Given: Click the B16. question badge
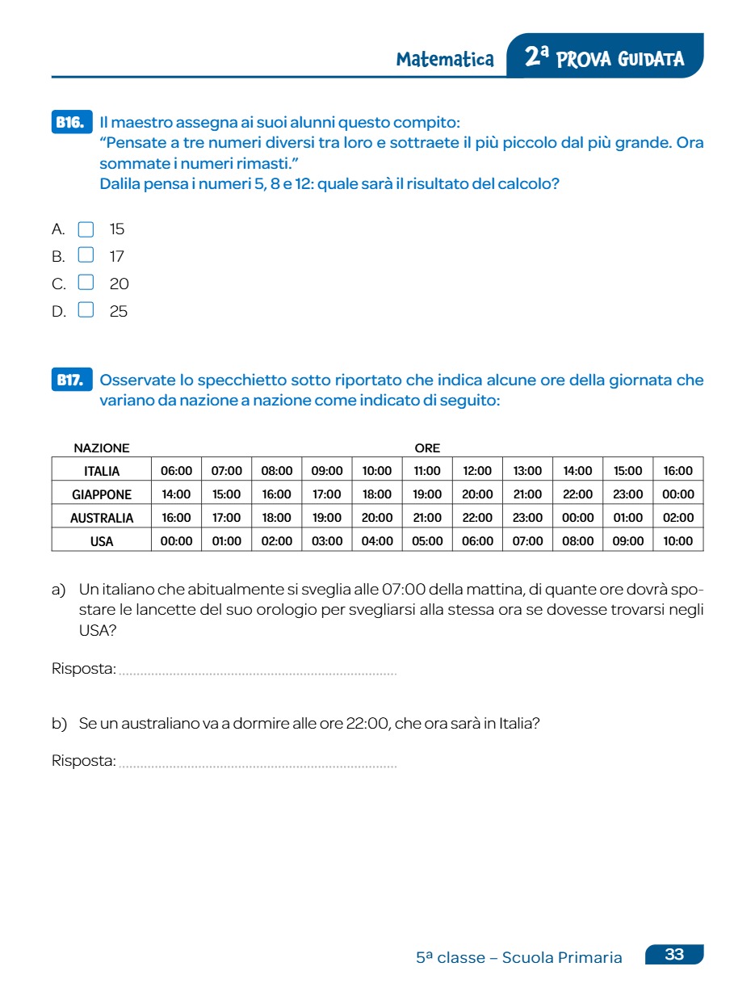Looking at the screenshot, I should [x=71, y=123].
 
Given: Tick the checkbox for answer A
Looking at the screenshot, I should [x=86, y=229].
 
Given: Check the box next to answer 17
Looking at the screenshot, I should [x=86, y=256].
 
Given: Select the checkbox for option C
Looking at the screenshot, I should [x=86, y=284].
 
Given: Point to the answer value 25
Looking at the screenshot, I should [x=119, y=312].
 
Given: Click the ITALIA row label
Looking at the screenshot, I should [x=102, y=471].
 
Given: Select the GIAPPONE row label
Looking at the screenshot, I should [x=102, y=494].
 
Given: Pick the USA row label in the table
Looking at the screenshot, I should [x=102, y=541].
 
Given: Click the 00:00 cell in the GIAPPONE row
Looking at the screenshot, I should [x=677, y=494].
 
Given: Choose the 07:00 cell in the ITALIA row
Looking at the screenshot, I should [x=227, y=471].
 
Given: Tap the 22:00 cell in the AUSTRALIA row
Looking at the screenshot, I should [x=477, y=518].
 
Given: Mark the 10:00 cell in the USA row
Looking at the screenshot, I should [x=677, y=541].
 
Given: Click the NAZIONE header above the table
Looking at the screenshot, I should [x=102, y=448].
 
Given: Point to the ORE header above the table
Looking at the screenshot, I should [x=427, y=448].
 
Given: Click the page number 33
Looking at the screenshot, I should [x=674, y=955].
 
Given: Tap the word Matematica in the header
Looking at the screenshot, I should [x=445, y=59].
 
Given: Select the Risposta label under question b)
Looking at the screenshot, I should [x=83, y=761].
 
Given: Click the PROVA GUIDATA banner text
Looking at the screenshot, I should [x=619, y=59].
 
